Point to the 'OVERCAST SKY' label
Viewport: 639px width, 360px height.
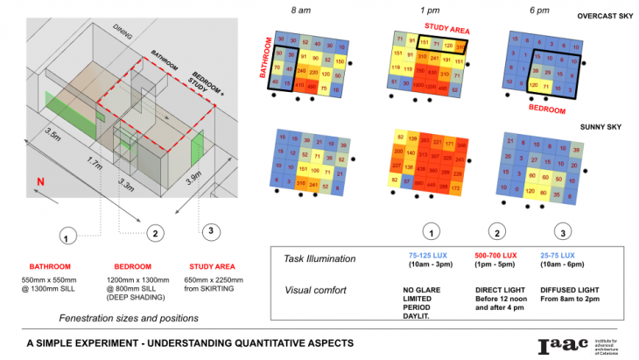(x=605, y=16)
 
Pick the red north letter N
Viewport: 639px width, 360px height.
(x=39, y=182)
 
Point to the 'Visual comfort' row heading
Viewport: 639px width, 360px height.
(x=315, y=290)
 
